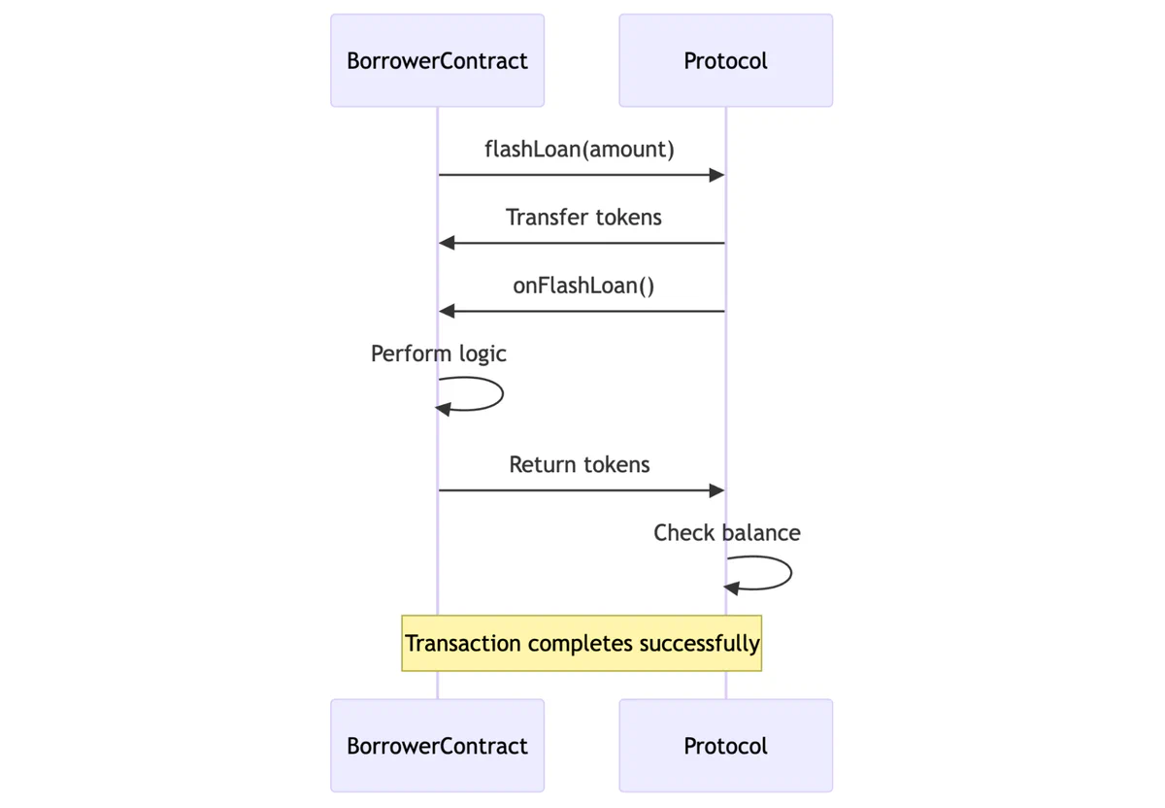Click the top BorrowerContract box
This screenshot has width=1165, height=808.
click(x=437, y=60)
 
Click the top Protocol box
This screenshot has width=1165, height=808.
click(x=725, y=60)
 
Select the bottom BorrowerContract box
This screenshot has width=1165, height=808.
click(x=437, y=746)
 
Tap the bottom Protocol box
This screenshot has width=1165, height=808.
click(x=725, y=746)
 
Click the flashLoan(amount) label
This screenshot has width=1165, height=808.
click(x=580, y=149)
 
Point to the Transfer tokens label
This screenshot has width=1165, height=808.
click(x=583, y=217)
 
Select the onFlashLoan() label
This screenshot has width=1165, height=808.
click(x=583, y=286)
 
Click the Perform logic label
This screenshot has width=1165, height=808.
click(x=439, y=353)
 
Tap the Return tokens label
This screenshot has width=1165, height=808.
click(x=580, y=464)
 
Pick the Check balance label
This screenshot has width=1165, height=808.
click(x=727, y=532)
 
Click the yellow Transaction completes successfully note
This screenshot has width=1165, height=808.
click(x=582, y=643)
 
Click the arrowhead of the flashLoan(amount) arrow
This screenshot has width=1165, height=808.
click(x=717, y=175)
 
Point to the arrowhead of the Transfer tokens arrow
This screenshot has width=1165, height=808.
click(x=447, y=243)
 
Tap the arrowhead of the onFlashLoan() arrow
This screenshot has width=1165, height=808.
click(x=447, y=312)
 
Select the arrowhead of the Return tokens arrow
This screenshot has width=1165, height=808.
click(x=717, y=490)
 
